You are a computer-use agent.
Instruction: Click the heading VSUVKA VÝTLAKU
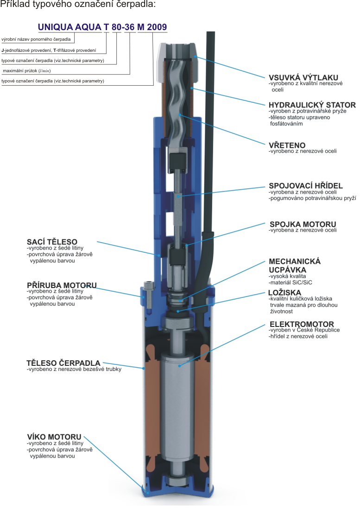pos(303,77)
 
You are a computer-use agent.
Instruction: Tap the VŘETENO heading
pos(287,145)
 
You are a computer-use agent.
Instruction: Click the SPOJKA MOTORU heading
pos(302,225)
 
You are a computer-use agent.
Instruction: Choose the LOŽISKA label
pos(284,293)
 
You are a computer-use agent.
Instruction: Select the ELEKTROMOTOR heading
pos(301,324)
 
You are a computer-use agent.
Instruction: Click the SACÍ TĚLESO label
pos(52,242)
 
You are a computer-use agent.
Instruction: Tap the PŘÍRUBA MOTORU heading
pos(62,285)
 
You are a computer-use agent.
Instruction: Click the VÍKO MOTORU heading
pos(54,437)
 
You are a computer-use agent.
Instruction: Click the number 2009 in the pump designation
pos(157,27)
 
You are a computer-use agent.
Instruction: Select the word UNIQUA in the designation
pos(53,27)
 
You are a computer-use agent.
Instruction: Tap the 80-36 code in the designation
pos(123,27)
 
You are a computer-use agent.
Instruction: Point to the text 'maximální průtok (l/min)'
pos(27,71)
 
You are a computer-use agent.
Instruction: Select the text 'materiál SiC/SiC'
pos(291,282)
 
